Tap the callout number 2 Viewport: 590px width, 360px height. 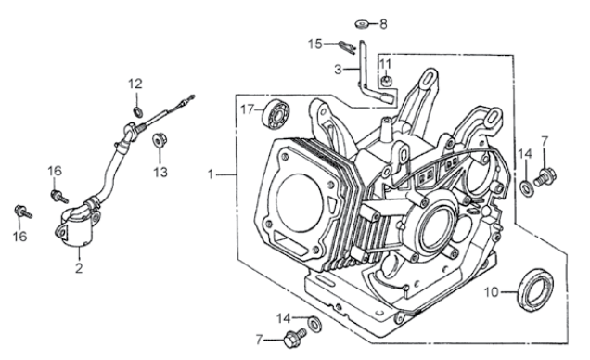(79, 268)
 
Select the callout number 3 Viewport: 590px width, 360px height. (339, 70)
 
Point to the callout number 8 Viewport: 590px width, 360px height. (383, 23)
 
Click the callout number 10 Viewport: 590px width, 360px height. (493, 292)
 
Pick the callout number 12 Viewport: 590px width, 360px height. (135, 84)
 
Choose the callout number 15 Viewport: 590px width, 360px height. (315, 43)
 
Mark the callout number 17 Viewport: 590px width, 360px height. (247, 109)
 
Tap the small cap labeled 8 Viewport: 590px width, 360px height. (362, 23)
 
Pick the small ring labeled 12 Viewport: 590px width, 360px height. (137, 111)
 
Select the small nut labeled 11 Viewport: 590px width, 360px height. (385, 89)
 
